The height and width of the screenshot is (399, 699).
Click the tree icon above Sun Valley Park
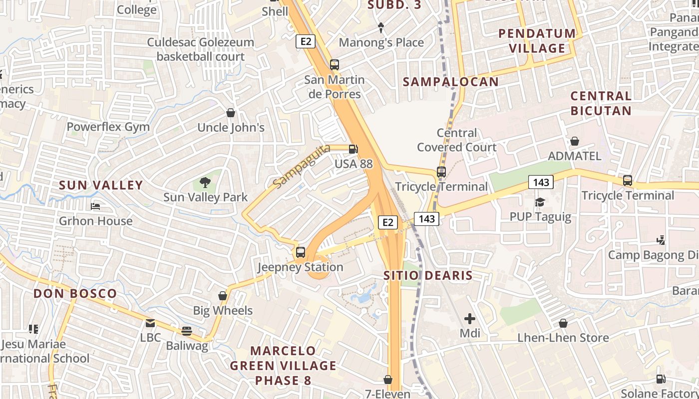coord(205,183)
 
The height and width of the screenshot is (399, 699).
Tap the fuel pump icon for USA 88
coord(353,149)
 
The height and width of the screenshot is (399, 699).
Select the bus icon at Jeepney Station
coord(300,252)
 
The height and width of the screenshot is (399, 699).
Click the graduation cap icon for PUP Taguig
coord(540,202)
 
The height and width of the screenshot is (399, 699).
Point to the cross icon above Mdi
coord(469,318)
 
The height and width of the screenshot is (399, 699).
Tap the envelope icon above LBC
coord(150,323)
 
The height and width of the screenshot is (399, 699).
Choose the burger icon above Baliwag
coord(187,331)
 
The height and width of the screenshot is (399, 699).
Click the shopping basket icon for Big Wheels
coord(223,296)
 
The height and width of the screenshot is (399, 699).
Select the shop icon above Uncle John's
coord(231,113)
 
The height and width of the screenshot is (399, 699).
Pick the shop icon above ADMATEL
coord(575,141)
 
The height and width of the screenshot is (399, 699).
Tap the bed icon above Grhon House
coord(95,206)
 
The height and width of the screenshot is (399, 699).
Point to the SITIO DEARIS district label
coord(428,275)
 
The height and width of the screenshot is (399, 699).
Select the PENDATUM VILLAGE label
coord(537,41)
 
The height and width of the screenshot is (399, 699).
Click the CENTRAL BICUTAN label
coord(601,103)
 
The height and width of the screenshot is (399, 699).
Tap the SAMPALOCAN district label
coord(450,82)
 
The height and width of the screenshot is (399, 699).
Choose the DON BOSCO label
coord(75,293)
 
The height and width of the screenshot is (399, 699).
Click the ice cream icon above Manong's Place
coord(381,27)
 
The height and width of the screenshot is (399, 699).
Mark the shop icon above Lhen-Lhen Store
coord(563,323)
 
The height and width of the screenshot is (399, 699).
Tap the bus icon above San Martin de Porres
coord(334,65)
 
